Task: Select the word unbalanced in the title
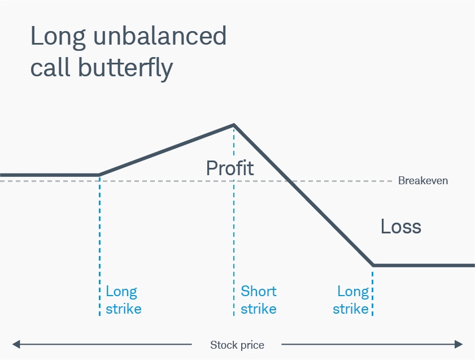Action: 158,36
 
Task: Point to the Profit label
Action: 230,168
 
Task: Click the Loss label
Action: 401,227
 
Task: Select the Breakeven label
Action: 423,181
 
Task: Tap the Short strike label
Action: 259,300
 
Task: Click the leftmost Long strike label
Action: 123,300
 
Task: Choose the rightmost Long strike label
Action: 351,300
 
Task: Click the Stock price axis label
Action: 237,345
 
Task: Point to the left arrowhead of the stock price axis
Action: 16,344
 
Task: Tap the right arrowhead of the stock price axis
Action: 459,344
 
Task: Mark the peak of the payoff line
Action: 233,125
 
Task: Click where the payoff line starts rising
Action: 99,175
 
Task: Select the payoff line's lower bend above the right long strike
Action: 373,265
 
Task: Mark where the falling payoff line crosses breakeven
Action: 288,181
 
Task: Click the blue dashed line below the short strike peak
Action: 233,237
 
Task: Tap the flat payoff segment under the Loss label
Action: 424,265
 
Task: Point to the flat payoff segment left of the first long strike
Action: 48,175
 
